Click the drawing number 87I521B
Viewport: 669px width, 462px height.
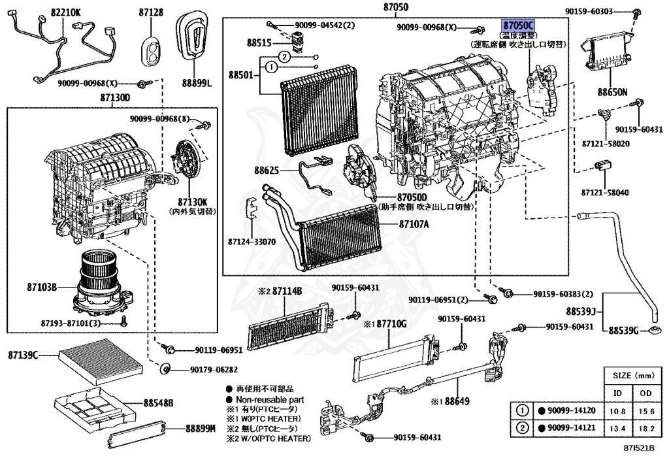coord(638,449)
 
